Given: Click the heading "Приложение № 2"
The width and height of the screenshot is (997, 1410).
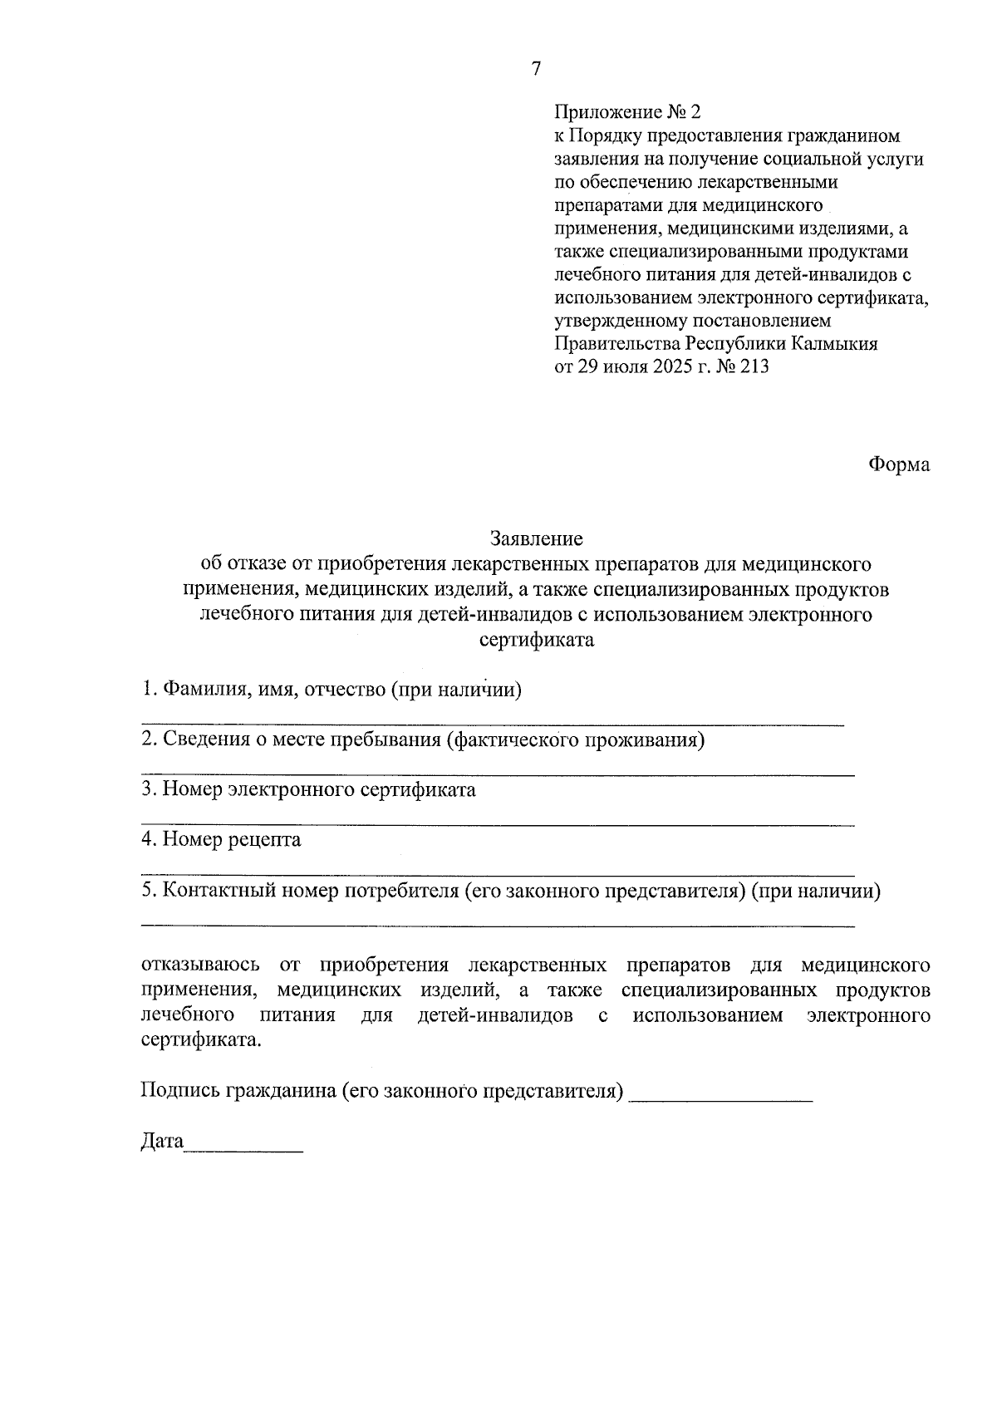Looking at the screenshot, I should (628, 112).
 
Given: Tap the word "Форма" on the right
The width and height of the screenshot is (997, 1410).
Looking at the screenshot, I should (899, 464).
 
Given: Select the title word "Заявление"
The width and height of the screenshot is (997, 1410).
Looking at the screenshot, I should (536, 539).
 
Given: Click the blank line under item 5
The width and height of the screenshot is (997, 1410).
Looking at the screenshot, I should (497, 925).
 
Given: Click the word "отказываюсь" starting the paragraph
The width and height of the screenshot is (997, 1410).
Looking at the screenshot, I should (200, 965).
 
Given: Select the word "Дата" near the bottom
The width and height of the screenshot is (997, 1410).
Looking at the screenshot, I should (161, 1142).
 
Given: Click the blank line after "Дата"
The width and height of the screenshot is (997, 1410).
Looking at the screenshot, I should (243, 1151).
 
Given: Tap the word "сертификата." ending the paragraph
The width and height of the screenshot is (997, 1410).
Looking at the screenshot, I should (200, 1041).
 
